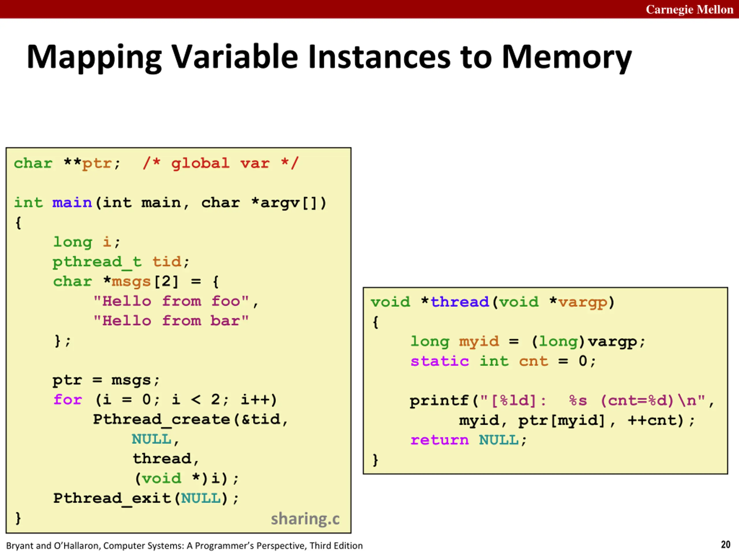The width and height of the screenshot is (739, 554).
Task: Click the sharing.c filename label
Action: pyautogui.click(x=305, y=519)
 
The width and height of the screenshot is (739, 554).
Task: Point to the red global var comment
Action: pyautogui.click(x=220, y=164)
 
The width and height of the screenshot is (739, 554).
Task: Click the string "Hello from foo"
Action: pyautogui.click(x=171, y=301)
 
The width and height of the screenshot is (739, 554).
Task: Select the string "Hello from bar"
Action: pyautogui.click(x=171, y=321)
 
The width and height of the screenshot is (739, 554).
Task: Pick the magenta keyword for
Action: pyautogui.click(x=68, y=400)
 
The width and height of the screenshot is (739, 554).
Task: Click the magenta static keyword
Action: pyautogui.click(x=439, y=361)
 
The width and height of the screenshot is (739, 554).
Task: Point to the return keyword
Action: pyautogui.click(x=439, y=440)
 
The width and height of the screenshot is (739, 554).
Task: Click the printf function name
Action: pyautogui.click(x=439, y=401)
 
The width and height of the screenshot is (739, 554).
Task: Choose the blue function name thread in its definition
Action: pyautogui.click(x=459, y=302)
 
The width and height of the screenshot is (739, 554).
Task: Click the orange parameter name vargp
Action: pyautogui.click(x=582, y=302)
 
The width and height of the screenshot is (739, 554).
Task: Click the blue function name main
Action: pyautogui.click(x=72, y=203)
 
